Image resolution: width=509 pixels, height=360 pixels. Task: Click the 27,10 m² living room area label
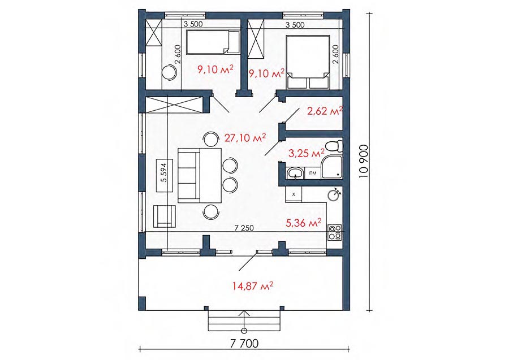click(x=245, y=138)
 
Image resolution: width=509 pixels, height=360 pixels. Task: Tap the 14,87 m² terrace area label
click(x=253, y=286)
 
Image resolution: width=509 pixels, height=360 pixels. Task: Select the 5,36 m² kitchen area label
click(x=304, y=223)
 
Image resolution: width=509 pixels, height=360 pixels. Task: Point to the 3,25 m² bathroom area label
click(x=307, y=153)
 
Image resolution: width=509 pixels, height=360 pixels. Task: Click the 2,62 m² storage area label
click(x=325, y=111)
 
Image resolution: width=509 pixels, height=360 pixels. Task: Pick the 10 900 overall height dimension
click(x=364, y=161)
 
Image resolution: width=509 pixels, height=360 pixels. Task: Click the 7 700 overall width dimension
click(x=244, y=343)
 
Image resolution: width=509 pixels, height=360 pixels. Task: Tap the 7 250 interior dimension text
click(x=244, y=228)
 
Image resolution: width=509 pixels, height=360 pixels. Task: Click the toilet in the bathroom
click(x=334, y=146)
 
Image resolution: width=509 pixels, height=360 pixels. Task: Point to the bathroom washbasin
click(x=295, y=172)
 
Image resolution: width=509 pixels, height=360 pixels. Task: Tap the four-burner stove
click(x=335, y=232)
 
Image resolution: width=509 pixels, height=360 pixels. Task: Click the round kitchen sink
click(x=334, y=194)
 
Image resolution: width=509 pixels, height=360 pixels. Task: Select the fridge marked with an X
click(x=294, y=194)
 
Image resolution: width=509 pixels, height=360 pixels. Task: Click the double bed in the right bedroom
click(x=308, y=62)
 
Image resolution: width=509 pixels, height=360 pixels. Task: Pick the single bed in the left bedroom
click(x=213, y=42)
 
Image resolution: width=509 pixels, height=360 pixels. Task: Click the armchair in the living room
click(x=164, y=216)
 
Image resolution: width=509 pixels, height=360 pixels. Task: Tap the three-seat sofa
click(x=188, y=175)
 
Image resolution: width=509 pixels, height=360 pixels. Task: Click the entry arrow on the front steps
click(x=244, y=322)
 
